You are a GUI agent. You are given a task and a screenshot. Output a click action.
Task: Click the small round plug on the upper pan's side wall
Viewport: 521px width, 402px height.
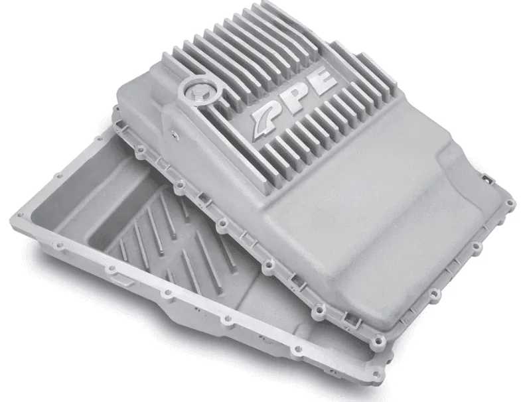pos(173,134)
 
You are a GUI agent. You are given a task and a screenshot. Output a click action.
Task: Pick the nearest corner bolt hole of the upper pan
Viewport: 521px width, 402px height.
pos(378,340)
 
